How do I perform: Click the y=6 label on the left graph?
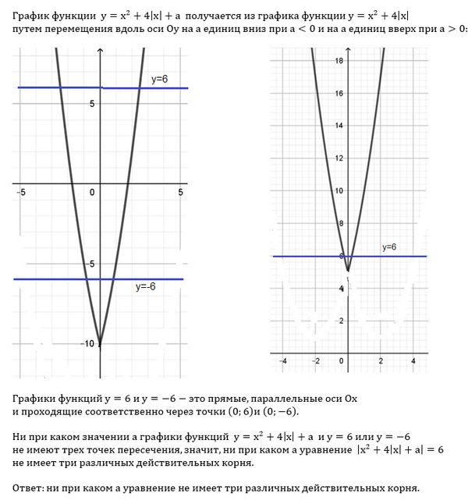coord(159,80)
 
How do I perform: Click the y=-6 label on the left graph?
coord(146,286)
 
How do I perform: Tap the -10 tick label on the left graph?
coord(88,343)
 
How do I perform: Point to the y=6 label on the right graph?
coord(389,247)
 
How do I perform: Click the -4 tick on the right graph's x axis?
coord(283,360)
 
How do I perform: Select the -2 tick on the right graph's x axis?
coord(315,360)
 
